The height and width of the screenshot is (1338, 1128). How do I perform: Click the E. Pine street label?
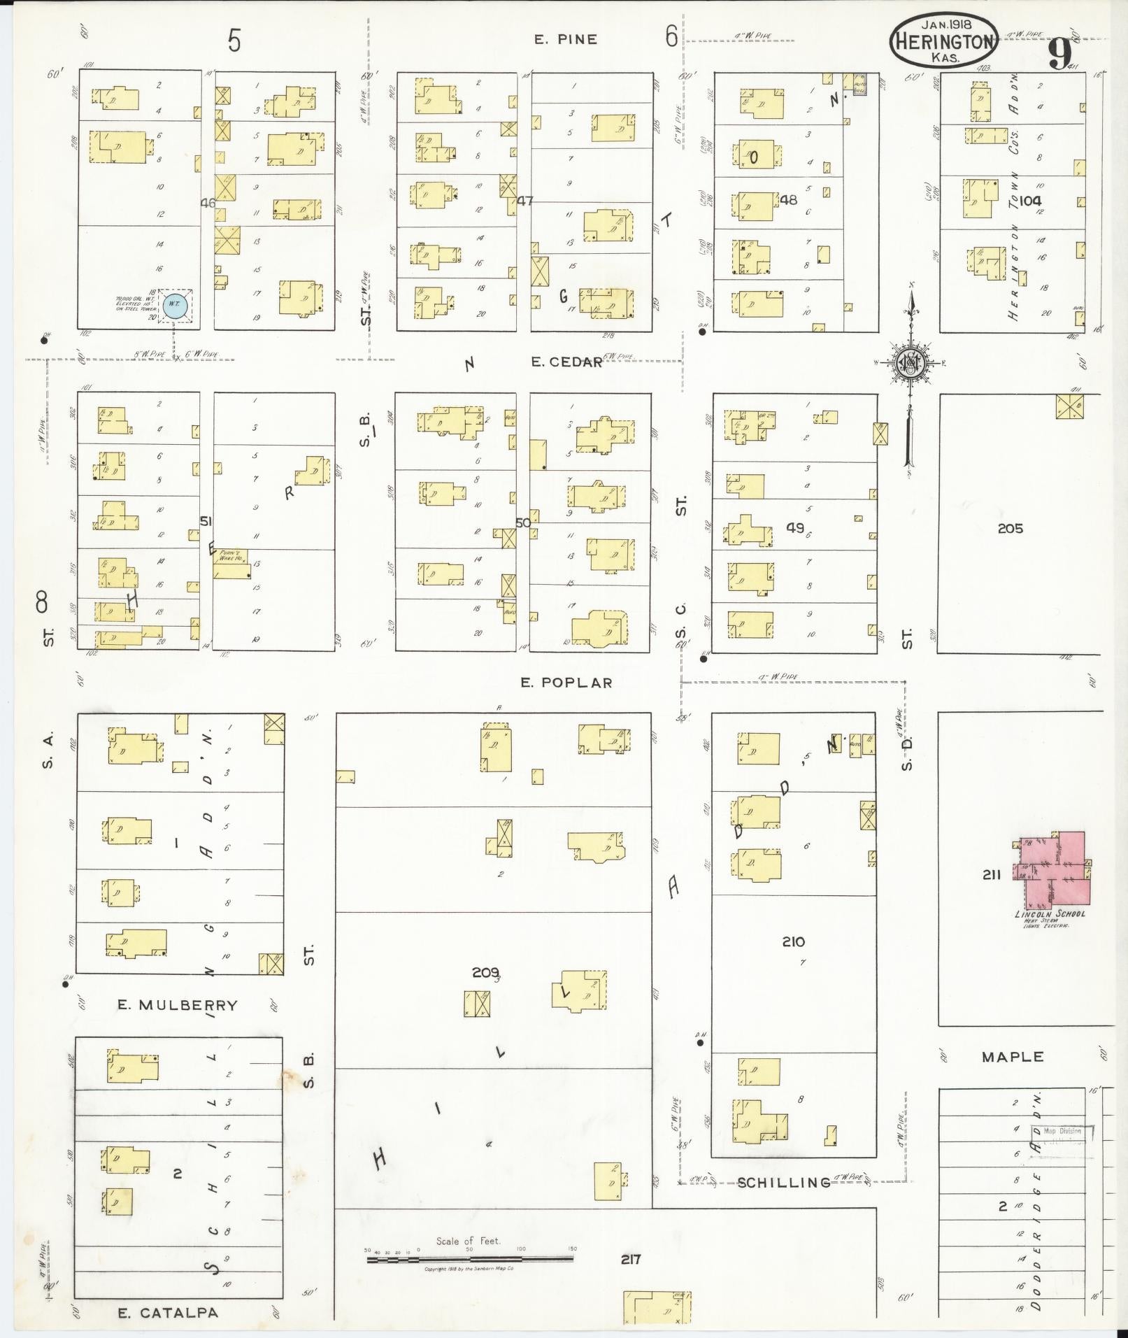(x=566, y=40)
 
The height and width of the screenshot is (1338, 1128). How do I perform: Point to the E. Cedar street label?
(x=566, y=362)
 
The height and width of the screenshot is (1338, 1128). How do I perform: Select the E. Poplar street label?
(x=566, y=683)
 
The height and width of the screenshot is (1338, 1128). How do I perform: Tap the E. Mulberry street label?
(x=177, y=1005)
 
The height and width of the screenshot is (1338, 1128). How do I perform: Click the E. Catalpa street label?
(x=168, y=1313)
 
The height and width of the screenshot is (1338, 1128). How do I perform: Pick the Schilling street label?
(x=784, y=1182)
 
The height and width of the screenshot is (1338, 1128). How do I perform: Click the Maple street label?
(x=1012, y=1057)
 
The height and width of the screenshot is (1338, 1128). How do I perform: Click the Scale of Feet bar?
(x=470, y=1259)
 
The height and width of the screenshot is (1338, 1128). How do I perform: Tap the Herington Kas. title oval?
(x=943, y=41)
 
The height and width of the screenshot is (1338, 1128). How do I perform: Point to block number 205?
(x=1010, y=528)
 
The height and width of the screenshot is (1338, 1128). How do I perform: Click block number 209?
(x=485, y=972)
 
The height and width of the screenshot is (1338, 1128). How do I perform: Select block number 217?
(x=631, y=1260)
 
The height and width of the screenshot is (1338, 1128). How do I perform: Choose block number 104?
(x=1030, y=200)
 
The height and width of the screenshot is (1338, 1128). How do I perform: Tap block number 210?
(x=794, y=941)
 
